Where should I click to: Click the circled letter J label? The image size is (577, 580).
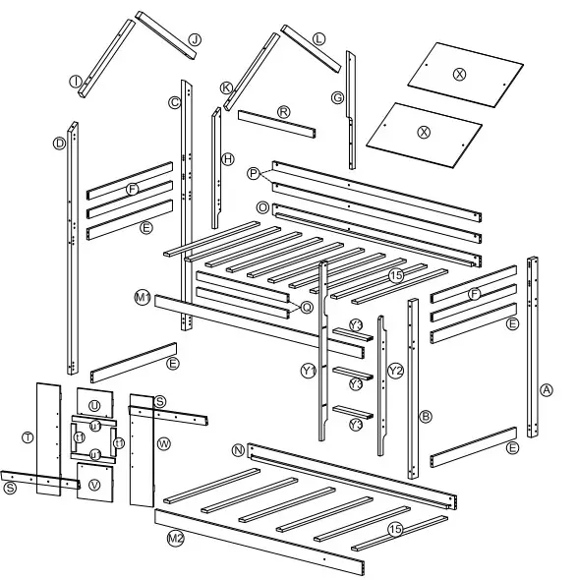(x=195, y=39)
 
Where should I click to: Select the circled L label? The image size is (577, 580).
(x=319, y=38)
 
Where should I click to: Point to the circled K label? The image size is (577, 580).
(x=227, y=87)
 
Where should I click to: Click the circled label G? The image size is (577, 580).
(x=337, y=97)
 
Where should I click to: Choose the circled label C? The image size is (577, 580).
(x=174, y=102)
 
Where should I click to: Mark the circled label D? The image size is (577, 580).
(x=59, y=144)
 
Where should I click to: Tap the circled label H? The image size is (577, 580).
(x=228, y=158)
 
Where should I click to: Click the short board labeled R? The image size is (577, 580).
(x=283, y=113)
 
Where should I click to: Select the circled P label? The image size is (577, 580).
(x=254, y=174)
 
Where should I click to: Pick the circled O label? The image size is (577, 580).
(x=261, y=208)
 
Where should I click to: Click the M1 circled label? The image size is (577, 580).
(x=143, y=297)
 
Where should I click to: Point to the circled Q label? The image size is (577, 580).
(x=307, y=307)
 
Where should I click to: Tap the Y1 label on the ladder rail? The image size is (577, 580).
(x=309, y=371)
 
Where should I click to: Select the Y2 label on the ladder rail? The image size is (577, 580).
(x=395, y=371)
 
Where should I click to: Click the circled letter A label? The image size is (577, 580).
(x=546, y=389)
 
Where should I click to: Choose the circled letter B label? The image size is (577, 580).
(x=427, y=416)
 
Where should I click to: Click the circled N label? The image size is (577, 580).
(x=239, y=449)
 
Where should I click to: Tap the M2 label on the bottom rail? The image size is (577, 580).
(x=175, y=539)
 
